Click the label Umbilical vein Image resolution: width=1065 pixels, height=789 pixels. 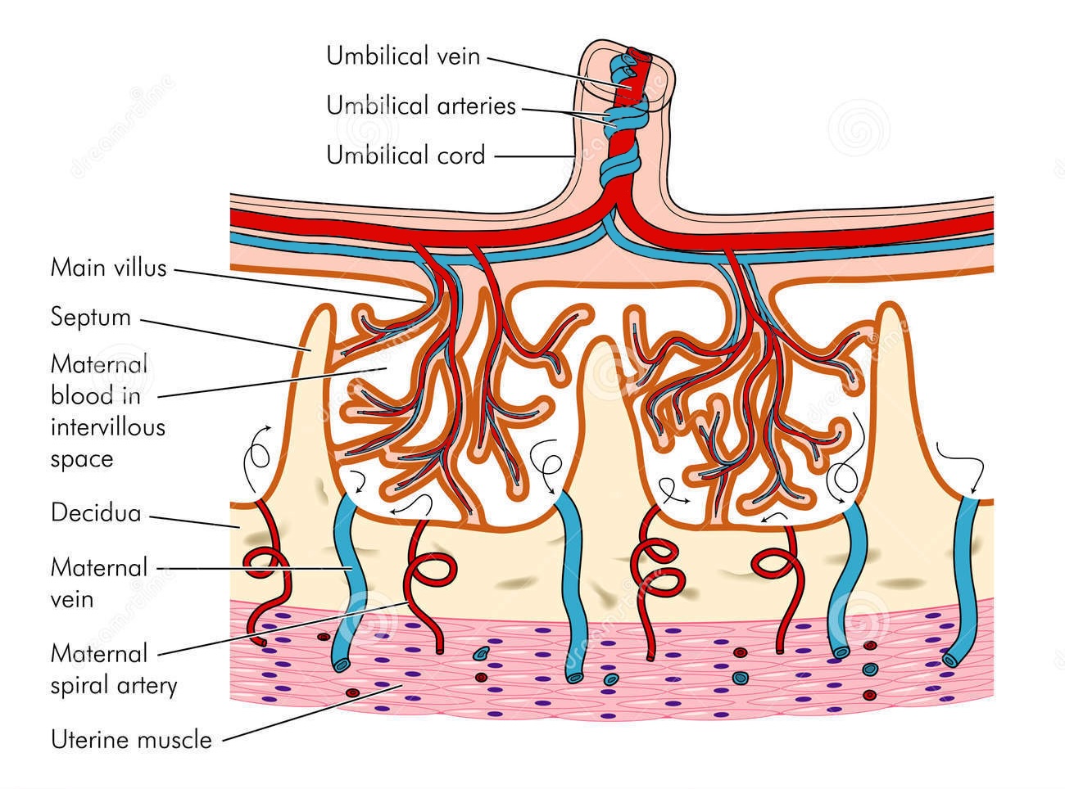(402, 56)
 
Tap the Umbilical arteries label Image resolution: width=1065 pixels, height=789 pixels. (421, 106)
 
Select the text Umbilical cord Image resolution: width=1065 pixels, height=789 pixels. (406, 155)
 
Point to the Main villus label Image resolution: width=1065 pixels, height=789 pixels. (108, 268)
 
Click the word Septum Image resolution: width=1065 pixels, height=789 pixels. (90, 317)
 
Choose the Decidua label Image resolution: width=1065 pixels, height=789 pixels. (96, 513)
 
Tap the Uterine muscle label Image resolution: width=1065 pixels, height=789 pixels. (131, 740)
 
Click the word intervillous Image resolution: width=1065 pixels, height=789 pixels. (108, 427)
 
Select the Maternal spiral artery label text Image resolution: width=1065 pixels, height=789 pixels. (113, 669)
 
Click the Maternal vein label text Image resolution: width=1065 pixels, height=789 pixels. (99, 583)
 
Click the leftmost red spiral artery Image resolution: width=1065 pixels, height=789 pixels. (266, 565)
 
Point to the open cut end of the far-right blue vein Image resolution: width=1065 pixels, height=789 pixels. (952, 659)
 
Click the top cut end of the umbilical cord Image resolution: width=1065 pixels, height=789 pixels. (628, 57)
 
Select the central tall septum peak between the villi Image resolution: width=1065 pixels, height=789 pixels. (604, 360)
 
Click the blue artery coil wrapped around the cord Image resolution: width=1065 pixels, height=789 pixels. (619, 168)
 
